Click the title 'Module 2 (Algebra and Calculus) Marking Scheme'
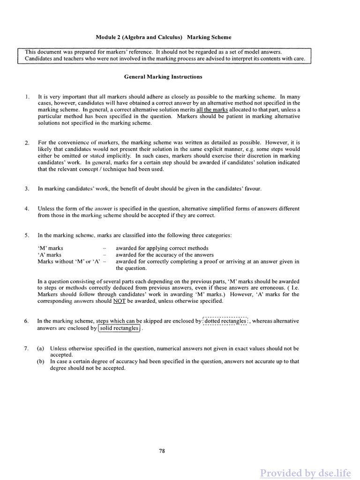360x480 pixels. (164, 37)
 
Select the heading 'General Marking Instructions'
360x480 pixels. (163, 76)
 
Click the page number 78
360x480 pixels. (162, 451)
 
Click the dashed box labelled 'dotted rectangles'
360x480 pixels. (225, 321)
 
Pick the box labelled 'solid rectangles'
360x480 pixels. (119, 328)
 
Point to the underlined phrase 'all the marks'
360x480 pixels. (212, 110)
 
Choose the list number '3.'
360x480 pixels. (27, 188)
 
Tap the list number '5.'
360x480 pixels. (27, 235)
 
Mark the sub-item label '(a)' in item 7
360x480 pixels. (41, 349)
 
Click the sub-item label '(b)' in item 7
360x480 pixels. (41, 362)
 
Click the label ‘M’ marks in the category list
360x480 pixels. (50, 248)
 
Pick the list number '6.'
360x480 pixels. (27, 321)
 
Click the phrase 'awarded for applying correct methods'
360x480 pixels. (162, 248)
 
